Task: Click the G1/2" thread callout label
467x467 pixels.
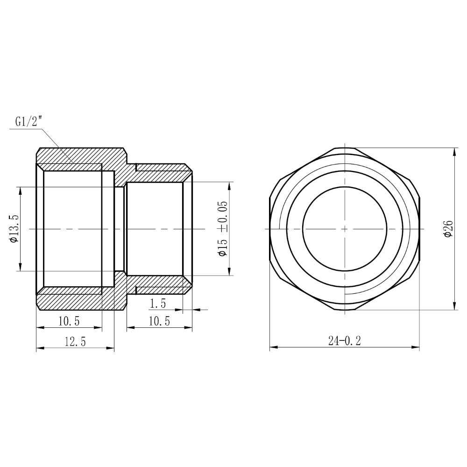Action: click(x=28, y=122)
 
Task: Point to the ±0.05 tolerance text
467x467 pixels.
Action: click(x=222, y=216)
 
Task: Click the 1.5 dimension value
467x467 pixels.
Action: click(x=157, y=304)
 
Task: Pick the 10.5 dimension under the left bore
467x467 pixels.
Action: click(x=68, y=321)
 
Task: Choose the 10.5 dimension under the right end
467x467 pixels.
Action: click(x=159, y=321)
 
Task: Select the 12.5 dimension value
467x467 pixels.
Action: click(x=75, y=341)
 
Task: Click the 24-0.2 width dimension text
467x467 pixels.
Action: click(x=344, y=341)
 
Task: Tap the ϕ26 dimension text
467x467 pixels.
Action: click(x=449, y=229)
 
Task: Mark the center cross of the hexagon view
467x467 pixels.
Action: click(x=345, y=229)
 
